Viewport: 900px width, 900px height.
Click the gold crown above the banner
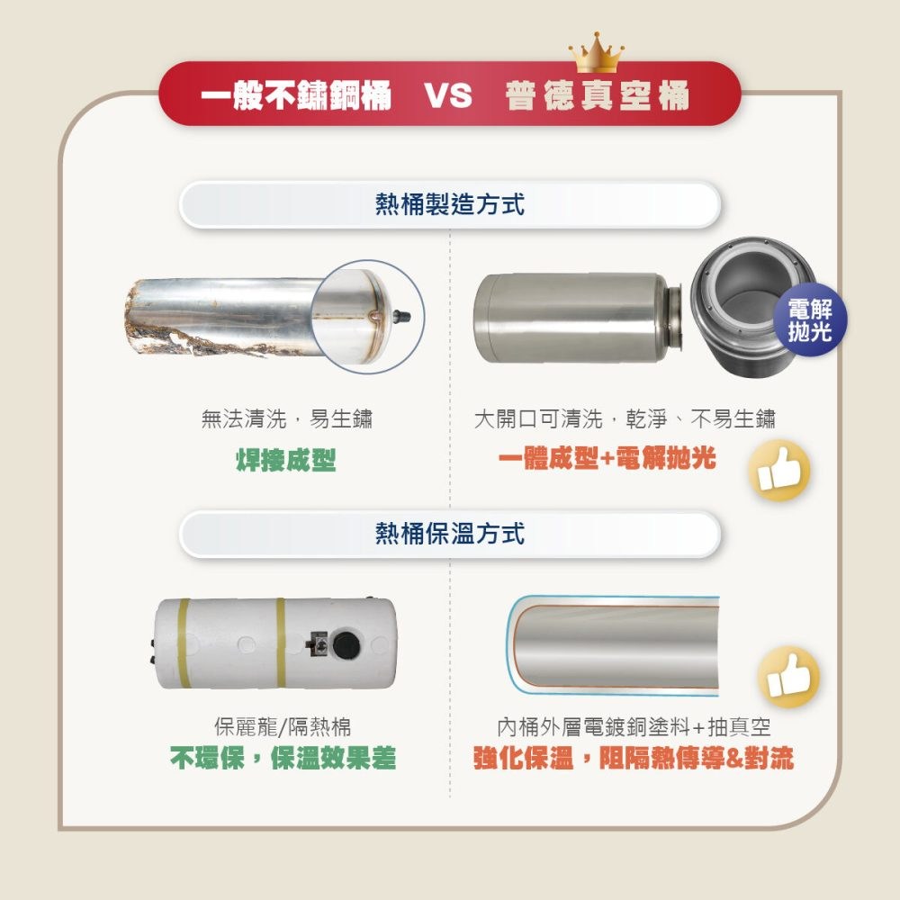click(x=597, y=52)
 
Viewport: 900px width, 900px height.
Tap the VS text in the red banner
click(x=448, y=95)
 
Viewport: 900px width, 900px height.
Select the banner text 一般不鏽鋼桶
click(x=296, y=95)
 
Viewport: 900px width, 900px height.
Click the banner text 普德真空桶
click(x=597, y=95)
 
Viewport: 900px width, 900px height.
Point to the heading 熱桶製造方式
click(x=449, y=204)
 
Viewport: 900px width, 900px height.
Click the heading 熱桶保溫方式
click(x=449, y=533)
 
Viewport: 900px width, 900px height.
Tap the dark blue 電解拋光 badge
click(x=810, y=319)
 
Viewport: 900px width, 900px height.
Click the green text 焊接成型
click(x=285, y=460)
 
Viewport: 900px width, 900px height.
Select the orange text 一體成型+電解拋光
click(x=607, y=458)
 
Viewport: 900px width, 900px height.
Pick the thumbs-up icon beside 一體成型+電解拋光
click(x=778, y=470)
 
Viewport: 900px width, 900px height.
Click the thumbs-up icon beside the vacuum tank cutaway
click(x=789, y=676)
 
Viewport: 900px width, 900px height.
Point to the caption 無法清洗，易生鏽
click(x=286, y=418)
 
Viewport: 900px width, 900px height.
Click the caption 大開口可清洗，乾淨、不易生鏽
click(x=625, y=418)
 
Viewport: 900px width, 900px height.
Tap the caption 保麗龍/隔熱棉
click(x=283, y=726)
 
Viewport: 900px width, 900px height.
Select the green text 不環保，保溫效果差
click(x=283, y=758)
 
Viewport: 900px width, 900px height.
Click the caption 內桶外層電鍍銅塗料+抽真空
click(x=634, y=726)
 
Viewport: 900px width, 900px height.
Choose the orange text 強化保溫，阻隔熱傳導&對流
click(x=634, y=758)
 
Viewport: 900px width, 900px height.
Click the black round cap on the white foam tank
click(x=346, y=644)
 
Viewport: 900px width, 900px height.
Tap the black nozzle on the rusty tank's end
click(x=401, y=316)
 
